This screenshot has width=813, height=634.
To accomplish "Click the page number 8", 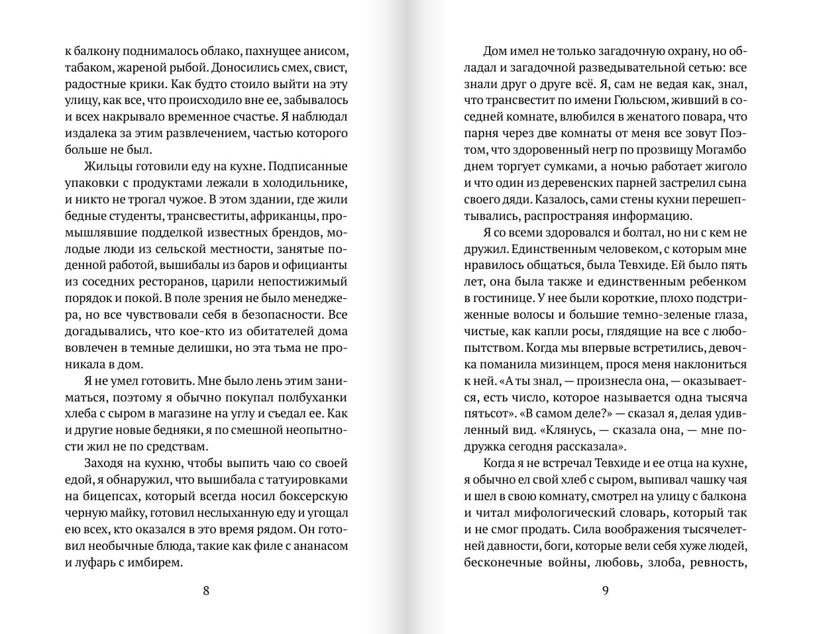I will point(206,592).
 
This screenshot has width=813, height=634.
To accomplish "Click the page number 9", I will point(605,592).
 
